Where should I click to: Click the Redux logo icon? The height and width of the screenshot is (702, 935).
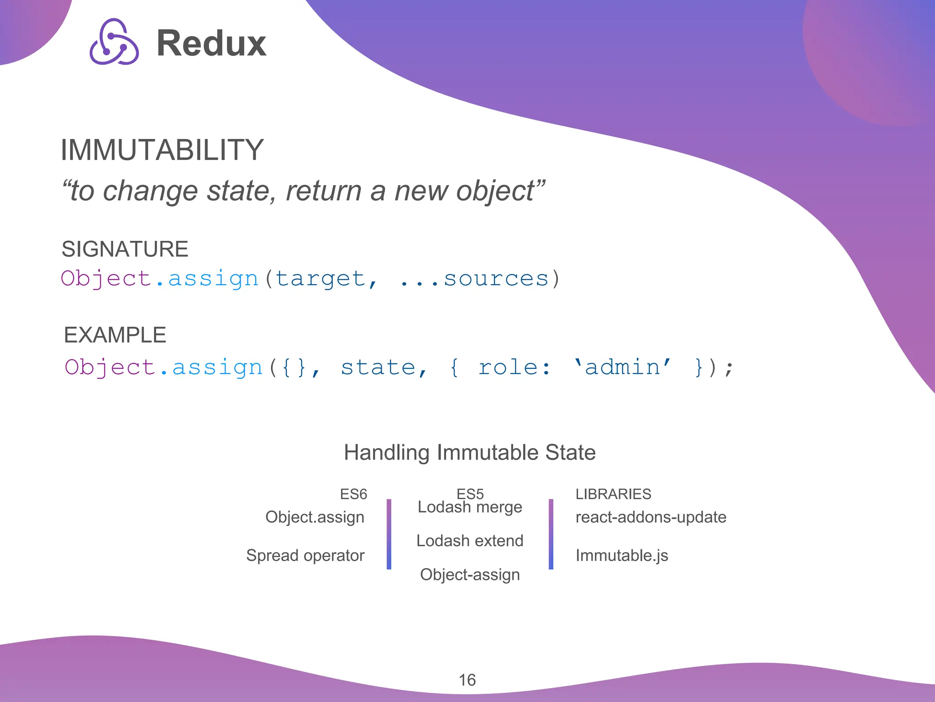(x=114, y=42)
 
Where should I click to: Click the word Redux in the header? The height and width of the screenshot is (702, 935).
(x=211, y=43)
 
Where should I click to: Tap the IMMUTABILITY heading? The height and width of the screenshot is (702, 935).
(x=162, y=150)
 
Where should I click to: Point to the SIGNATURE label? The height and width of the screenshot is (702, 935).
(x=125, y=249)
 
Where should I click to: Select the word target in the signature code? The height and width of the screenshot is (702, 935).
(x=320, y=278)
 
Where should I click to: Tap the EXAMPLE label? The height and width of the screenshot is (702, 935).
(x=115, y=335)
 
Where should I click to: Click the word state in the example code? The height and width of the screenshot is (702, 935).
(x=378, y=367)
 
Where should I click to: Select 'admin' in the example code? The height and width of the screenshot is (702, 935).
(x=622, y=367)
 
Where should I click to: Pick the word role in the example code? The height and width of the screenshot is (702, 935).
(x=508, y=367)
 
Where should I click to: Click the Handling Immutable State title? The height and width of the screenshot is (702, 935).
(x=470, y=452)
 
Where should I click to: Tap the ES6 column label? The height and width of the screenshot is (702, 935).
(x=353, y=494)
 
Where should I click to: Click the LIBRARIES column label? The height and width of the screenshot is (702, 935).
(x=613, y=494)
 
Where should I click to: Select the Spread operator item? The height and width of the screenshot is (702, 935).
(x=305, y=555)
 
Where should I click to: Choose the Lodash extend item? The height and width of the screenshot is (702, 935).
(x=470, y=541)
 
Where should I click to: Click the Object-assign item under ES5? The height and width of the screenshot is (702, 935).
(x=470, y=574)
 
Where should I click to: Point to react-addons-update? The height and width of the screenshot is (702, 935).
(x=651, y=517)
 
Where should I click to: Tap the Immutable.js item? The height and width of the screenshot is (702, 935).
(x=622, y=555)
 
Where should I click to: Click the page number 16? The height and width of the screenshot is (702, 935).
(x=467, y=680)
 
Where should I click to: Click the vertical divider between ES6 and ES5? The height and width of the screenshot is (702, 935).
(x=389, y=534)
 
